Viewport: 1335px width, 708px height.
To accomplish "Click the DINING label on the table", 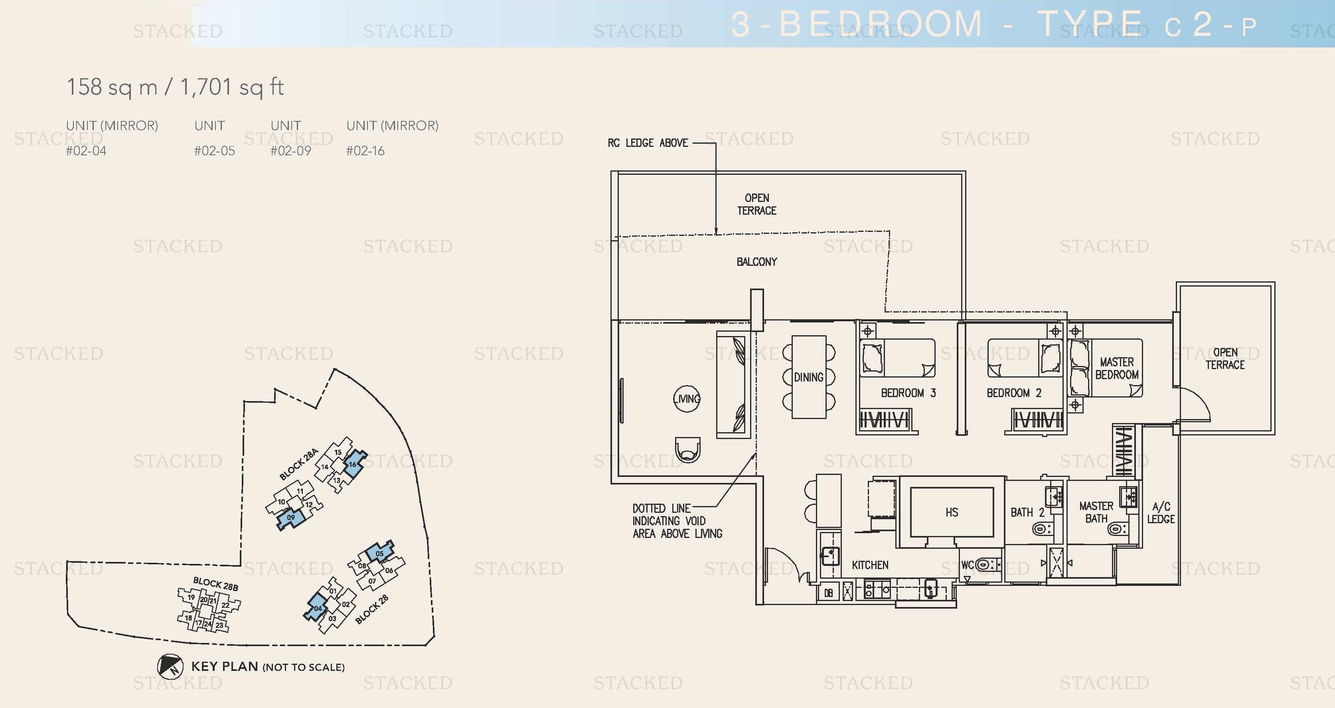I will pyautogui.click(x=808, y=377).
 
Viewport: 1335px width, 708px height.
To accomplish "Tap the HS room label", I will pyautogui.click(x=952, y=512).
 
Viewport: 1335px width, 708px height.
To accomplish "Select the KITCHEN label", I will pyautogui.click(x=870, y=565).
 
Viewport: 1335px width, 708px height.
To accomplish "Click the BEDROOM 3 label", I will pyautogui.click(x=908, y=393).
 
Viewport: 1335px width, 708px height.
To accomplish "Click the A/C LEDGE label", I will pyautogui.click(x=1161, y=512).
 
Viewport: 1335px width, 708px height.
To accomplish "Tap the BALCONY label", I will pyautogui.click(x=756, y=262).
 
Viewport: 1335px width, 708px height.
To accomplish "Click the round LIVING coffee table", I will pyautogui.click(x=687, y=399).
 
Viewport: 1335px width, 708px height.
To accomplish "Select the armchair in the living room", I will pyautogui.click(x=688, y=449).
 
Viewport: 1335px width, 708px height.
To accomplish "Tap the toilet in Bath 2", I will pyautogui.click(x=1041, y=529).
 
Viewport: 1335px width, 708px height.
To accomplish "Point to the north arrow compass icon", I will pyautogui.click(x=170, y=666).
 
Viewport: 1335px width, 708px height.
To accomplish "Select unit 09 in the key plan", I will pyautogui.click(x=291, y=517).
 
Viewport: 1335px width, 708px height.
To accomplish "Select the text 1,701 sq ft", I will pyautogui.click(x=232, y=87).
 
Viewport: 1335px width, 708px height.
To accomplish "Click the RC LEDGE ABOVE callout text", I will pyautogui.click(x=648, y=143).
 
